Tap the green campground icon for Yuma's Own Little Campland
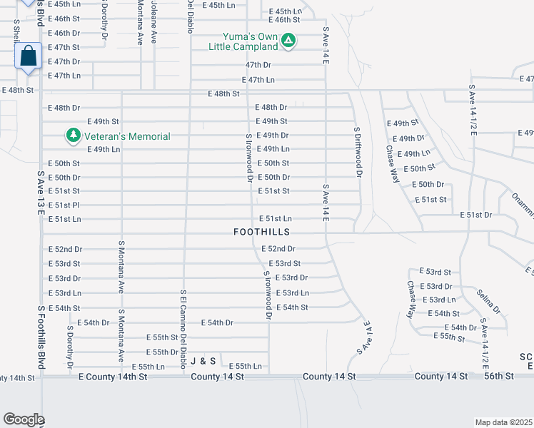tap(288, 41)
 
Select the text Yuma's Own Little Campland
tap(243, 41)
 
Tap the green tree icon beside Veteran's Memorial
tap(72, 135)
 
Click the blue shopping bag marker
tap(27, 56)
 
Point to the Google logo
tap(24, 419)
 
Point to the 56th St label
tap(498, 376)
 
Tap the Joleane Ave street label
tap(153, 21)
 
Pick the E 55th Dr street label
tap(161, 352)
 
